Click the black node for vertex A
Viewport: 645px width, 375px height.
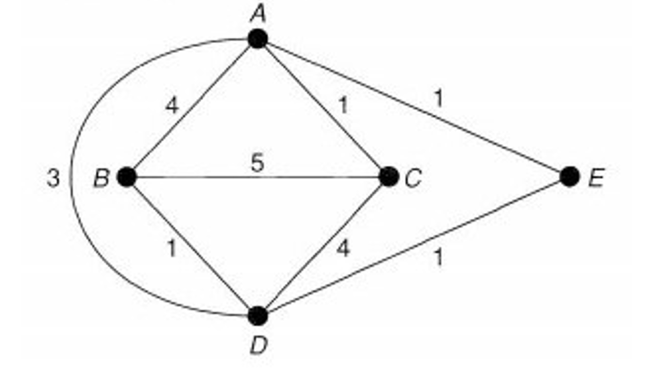(x=257, y=38)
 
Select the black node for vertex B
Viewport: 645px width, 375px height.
(x=127, y=177)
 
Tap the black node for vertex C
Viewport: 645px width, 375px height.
(x=388, y=177)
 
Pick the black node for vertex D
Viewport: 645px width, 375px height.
(x=257, y=315)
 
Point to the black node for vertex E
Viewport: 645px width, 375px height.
(x=569, y=177)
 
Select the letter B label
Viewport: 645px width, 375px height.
(x=101, y=178)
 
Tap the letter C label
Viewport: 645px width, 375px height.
(x=414, y=178)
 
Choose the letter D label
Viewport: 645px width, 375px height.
(x=257, y=345)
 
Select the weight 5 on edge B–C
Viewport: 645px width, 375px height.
(x=257, y=163)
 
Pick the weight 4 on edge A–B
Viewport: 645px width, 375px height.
(x=172, y=106)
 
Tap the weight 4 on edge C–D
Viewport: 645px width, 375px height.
(x=343, y=249)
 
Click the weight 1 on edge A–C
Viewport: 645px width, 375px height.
(x=344, y=106)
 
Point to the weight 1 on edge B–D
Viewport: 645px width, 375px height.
(x=172, y=249)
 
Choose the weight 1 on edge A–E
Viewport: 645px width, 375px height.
(x=438, y=98)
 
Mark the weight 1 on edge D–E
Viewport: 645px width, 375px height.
(x=438, y=257)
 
